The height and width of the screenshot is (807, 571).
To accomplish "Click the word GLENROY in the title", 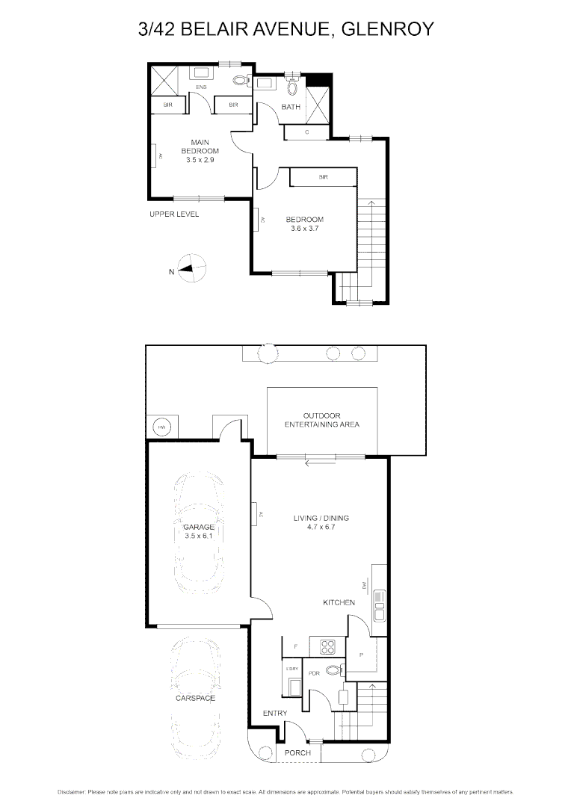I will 387,30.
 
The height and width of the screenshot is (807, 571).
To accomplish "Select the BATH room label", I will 291,108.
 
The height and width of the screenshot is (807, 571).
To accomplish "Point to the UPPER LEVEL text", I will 174,214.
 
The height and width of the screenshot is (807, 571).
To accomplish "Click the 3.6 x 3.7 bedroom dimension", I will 305,229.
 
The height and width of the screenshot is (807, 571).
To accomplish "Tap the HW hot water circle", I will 161,427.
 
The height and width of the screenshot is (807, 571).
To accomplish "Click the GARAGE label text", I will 199,527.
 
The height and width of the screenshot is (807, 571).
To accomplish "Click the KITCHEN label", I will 339,602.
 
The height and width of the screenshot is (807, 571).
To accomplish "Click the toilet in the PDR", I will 334,670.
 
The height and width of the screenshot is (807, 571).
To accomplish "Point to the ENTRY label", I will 275,714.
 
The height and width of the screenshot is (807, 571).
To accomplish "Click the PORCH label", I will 298,752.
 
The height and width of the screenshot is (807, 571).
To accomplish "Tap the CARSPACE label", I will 195,698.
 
